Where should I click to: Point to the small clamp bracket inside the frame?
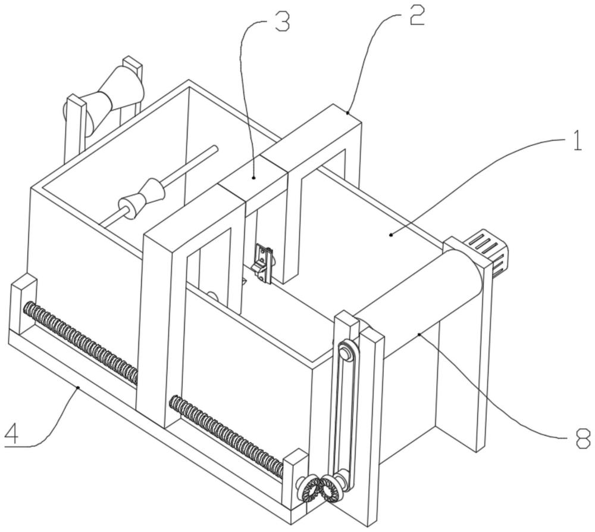tap(262, 262)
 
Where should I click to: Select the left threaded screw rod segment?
tap(80, 343)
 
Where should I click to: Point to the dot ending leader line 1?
tap(391, 235)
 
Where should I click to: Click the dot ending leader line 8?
tap(420, 335)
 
